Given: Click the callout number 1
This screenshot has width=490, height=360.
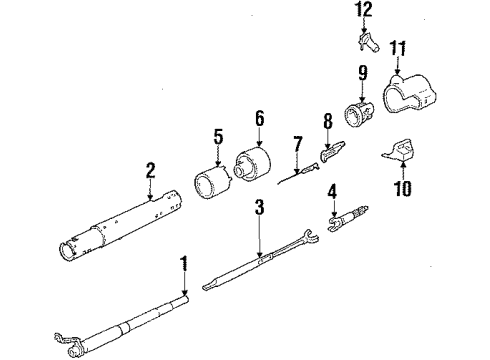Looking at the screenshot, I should coord(184,263).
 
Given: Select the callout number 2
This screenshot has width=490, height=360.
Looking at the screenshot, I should coord(150,172).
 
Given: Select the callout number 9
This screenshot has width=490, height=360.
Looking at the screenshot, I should coord(362,73).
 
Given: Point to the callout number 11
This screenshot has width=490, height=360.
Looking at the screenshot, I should coord(399,47).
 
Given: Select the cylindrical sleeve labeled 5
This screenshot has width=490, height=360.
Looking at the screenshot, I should coord(211,186).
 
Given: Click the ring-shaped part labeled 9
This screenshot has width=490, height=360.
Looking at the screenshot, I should coord(359,110).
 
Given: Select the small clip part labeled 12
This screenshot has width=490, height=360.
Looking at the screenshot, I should coord(367,43).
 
